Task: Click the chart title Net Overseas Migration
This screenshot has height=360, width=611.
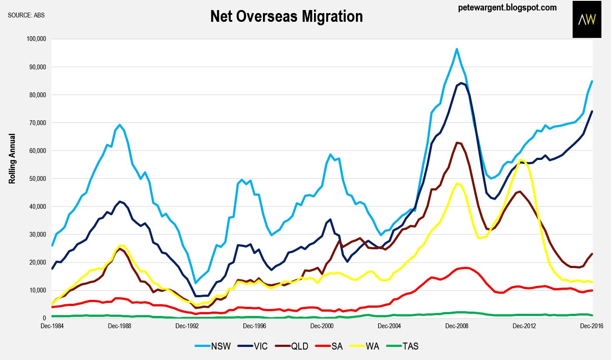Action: [x=287, y=17]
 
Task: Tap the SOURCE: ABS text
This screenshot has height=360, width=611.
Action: [x=26, y=15]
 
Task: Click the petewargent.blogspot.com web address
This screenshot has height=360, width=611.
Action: [x=507, y=8]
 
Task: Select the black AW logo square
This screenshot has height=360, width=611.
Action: [x=587, y=19]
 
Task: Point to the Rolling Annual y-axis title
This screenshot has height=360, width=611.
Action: [x=12, y=159]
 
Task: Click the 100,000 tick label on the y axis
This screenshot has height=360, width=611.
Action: [x=36, y=39]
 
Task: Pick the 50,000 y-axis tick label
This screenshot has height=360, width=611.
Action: [x=38, y=179]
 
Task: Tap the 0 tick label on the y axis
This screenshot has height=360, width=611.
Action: [x=44, y=318]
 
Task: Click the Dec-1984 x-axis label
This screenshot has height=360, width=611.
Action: [x=52, y=326]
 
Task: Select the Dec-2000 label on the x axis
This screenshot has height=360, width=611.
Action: [x=322, y=326]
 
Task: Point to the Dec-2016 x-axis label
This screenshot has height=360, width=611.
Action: [x=592, y=326]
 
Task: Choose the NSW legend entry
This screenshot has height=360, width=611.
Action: [x=213, y=346]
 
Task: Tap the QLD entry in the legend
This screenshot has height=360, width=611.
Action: [x=292, y=346]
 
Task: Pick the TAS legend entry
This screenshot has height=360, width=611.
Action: [x=403, y=346]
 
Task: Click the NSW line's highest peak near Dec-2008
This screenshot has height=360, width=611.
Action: [x=457, y=49]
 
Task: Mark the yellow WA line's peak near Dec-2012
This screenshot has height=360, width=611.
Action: [x=520, y=160]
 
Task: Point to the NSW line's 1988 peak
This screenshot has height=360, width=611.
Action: [x=119, y=125]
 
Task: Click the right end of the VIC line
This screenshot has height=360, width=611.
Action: [x=592, y=111]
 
